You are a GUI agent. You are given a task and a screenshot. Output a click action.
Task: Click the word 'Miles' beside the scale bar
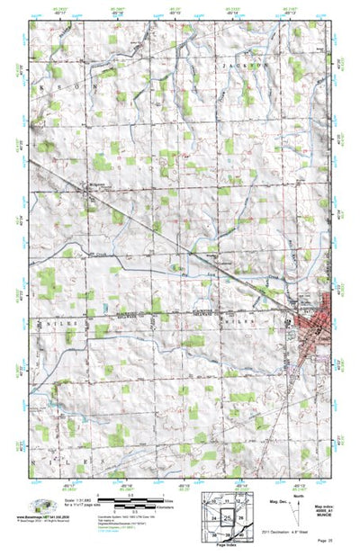point(166,498)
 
